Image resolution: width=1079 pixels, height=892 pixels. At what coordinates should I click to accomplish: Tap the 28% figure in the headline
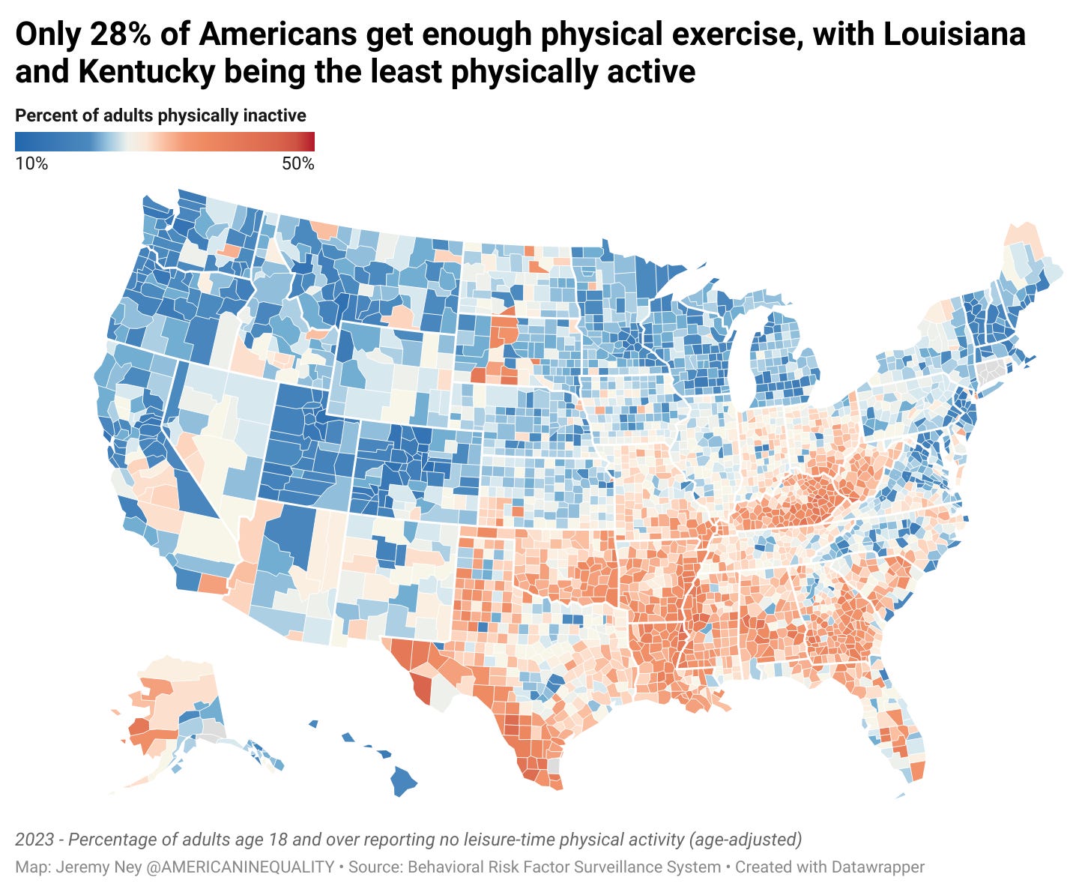tap(121, 34)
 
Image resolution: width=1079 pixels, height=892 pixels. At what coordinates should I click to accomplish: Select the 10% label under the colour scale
tap(31, 163)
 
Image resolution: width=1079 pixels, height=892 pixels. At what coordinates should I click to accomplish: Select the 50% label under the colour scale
tap(297, 163)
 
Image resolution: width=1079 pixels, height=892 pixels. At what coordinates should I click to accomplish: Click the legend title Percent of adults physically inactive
tap(160, 115)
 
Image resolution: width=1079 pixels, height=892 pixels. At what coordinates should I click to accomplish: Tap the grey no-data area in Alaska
tap(214, 731)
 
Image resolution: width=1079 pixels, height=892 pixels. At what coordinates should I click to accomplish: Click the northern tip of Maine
tap(1021, 229)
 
